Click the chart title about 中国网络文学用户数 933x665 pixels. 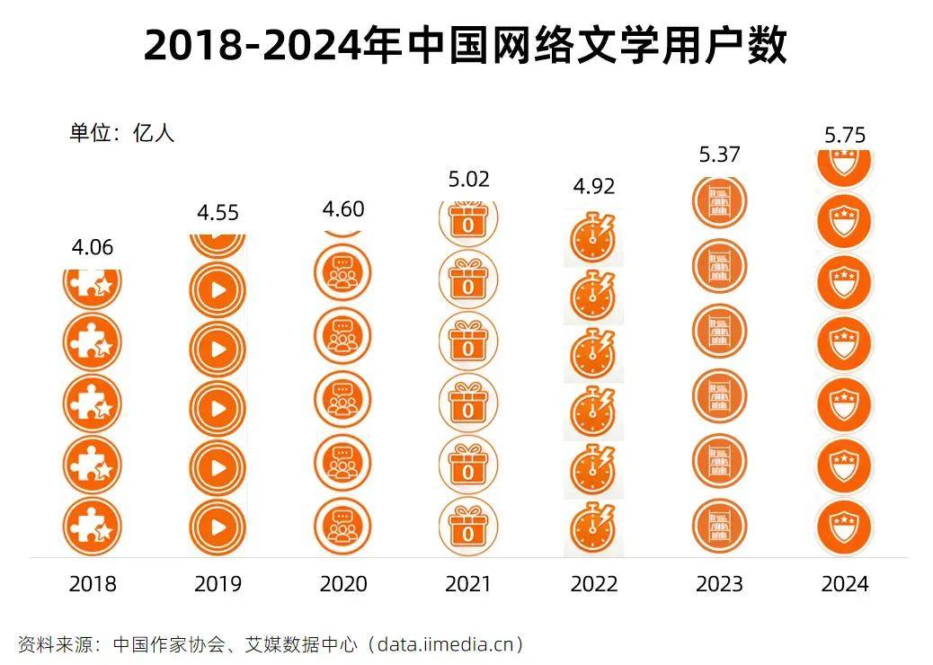(x=466, y=45)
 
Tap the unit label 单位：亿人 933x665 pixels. (x=122, y=133)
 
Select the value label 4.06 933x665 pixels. (x=92, y=247)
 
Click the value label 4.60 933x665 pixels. (x=342, y=209)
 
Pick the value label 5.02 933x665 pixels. (x=468, y=180)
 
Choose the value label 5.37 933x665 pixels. (x=719, y=155)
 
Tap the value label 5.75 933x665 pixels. (x=844, y=135)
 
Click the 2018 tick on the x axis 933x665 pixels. (x=93, y=584)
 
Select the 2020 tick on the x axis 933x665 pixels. (x=343, y=584)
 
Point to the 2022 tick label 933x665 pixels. (x=594, y=584)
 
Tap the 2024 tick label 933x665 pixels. (x=845, y=584)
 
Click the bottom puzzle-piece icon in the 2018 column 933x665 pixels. (x=92, y=526)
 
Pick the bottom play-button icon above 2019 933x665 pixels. (x=218, y=526)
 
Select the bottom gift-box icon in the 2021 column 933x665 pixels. (x=467, y=525)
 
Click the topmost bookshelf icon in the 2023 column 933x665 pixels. (x=719, y=201)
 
